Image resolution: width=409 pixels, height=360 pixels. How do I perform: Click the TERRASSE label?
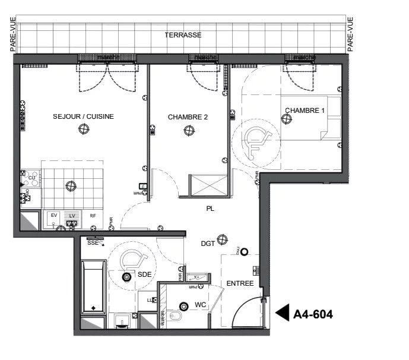click(183, 35)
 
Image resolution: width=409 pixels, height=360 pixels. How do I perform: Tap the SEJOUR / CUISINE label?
click(83, 116)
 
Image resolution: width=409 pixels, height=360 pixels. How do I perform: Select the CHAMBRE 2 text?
click(188, 117)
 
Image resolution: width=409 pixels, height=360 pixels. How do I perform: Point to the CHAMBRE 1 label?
click(305, 110)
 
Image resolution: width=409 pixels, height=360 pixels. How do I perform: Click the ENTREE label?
click(240, 283)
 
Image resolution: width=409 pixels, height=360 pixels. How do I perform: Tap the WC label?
click(200, 306)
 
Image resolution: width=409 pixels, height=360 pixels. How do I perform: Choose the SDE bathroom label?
click(145, 274)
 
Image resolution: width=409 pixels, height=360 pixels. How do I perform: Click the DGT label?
click(208, 243)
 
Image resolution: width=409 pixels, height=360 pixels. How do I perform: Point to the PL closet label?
click(210, 209)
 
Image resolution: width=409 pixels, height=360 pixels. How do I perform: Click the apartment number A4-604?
click(313, 314)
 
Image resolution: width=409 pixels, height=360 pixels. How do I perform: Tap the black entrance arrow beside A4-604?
click(283, 312)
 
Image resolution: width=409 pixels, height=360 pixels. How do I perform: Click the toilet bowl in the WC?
click(176, 316)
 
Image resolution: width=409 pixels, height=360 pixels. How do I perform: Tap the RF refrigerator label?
click(93, 216)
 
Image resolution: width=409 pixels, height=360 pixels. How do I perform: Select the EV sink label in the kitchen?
click(53, 215)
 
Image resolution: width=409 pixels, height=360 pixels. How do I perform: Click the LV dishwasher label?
click(72, 215)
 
